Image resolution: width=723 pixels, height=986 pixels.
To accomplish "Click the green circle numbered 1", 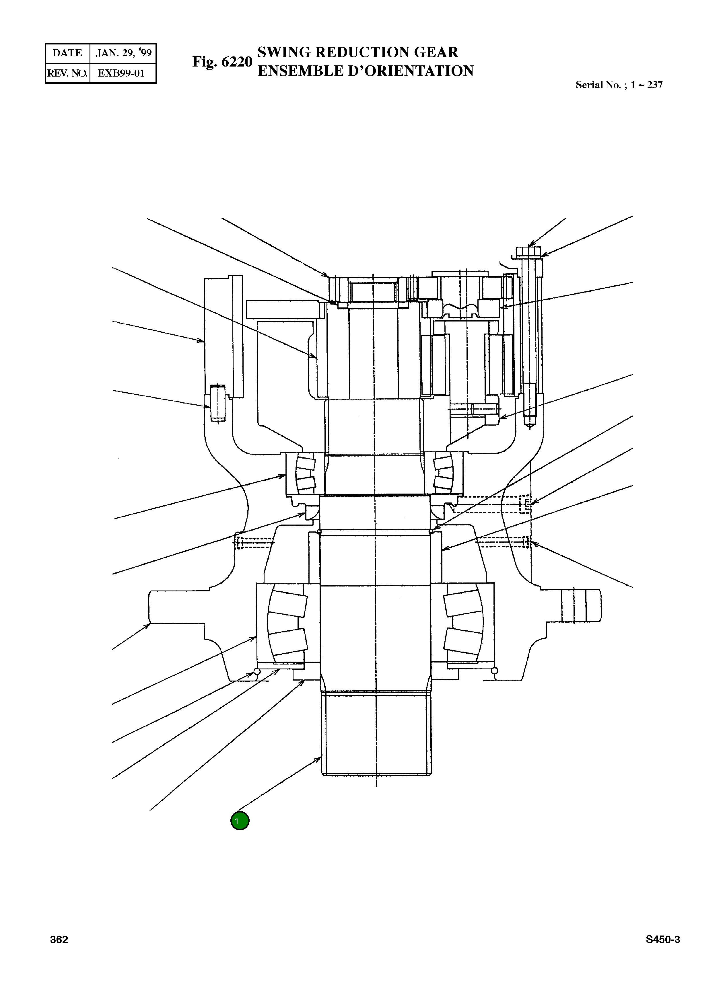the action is (x=240, y=821).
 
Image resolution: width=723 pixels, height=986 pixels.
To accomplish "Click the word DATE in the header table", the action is (x=67, y=53).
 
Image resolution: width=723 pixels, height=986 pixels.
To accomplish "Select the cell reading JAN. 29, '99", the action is (x=123, y=53).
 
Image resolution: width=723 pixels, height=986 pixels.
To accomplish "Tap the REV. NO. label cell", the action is (x=67, y=73).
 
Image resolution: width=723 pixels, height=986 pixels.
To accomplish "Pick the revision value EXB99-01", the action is (x=121, y=73).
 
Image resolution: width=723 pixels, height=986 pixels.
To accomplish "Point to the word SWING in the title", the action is (x=285, y=52).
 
